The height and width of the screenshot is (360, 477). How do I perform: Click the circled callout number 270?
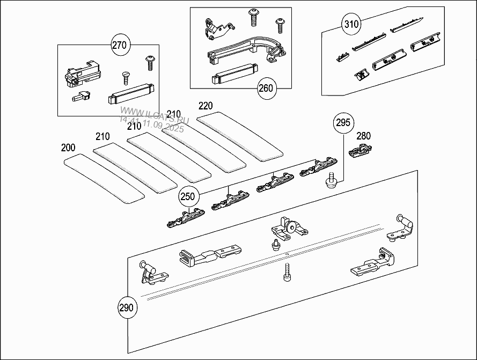tap(119, 45)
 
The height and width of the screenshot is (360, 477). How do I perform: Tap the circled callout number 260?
tap(266, 88)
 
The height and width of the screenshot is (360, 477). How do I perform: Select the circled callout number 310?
tap(351, 24)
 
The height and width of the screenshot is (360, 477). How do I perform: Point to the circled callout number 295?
tap(343, 123)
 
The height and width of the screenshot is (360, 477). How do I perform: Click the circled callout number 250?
tap(188, 197)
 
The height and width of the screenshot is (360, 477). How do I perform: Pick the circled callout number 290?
tap(127, 308)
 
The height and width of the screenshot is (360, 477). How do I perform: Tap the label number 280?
tap(363, 136)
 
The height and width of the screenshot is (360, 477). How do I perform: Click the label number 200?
tap(68, 148)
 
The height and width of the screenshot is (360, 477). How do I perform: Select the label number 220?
tap(206, 106)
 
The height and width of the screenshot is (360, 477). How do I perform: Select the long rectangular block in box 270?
tap(131, 95)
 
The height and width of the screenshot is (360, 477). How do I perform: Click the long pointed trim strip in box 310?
tap(405, 25)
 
